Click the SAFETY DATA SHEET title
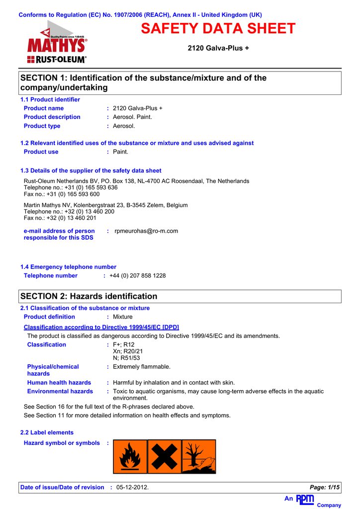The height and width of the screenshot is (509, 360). tap(218, 29)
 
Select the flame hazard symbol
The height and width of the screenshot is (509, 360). tap(130, 456)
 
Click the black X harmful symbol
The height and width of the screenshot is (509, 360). tap(165, 456)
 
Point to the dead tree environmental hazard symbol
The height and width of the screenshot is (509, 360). tap(199, 456)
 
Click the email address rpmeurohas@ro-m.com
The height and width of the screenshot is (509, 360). tap(146, 231)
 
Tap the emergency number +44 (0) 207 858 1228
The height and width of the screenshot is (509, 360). tap(138, 276)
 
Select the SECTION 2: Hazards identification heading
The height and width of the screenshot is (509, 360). tap(89, 296)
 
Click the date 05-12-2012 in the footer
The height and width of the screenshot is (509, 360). tap(132, 488)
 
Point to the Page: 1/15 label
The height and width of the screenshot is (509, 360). tap(325, 488)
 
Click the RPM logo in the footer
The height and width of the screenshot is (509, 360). tap(305, 499)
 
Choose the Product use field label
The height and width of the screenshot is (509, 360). tap(41, 152)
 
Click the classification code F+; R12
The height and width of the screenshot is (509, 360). tap(124, 345)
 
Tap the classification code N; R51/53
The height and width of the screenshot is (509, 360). tap(126, 358)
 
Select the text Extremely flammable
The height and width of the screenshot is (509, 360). tap(142, 367)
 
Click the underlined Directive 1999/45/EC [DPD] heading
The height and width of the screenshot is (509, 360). tap(101, 327)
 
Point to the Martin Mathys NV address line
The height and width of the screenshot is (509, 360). tap(106, 205)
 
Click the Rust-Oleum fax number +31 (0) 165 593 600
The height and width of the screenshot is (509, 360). tap(62, 194)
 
